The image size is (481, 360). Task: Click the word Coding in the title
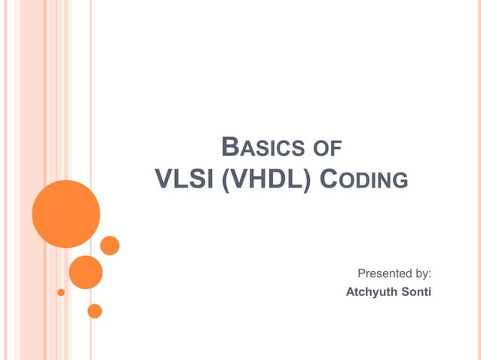[x=365, y=180]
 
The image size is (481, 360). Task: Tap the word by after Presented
[x=420, y=273]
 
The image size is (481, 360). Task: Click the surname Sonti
[x=416, y=291]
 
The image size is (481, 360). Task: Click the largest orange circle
[x=66, y=214]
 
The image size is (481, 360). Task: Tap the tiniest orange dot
[x=61, y=292]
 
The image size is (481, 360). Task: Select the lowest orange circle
[x=94, y=310]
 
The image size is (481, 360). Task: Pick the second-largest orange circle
[x=85, y=272]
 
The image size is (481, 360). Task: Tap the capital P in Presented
[x=361, y=273]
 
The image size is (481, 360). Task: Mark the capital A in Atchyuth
[x=350, y=291]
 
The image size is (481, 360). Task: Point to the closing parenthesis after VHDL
[x=310, y=180]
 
